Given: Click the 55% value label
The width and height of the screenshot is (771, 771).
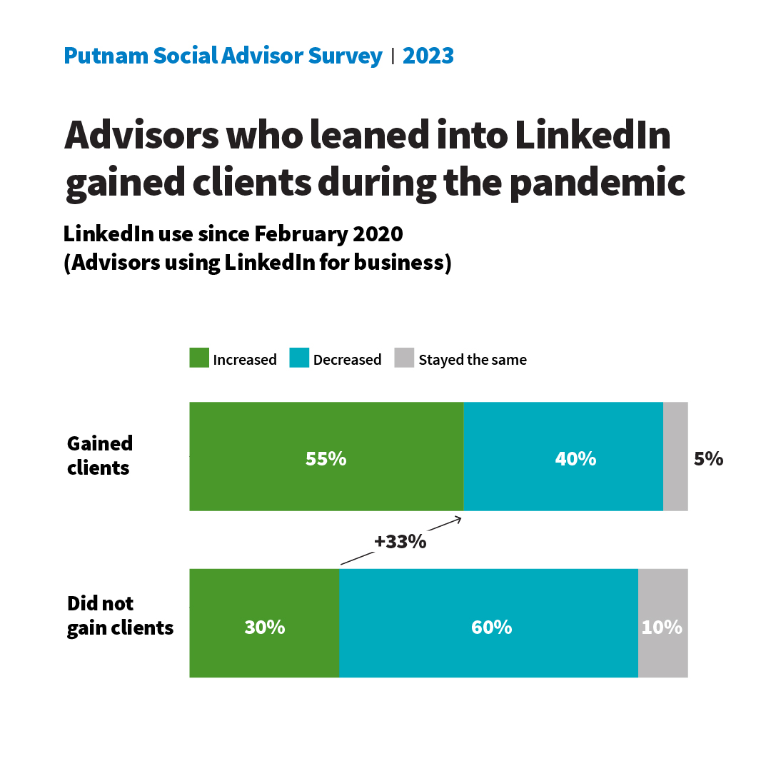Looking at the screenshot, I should pos(326,459).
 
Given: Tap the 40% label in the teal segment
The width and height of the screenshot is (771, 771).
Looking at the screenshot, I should pos(575,459).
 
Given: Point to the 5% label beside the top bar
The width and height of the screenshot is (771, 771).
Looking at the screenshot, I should pos(708,459).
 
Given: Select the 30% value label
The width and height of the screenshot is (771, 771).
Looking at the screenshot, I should pos(265,628).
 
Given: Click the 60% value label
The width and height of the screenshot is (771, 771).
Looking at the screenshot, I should pos(491,628).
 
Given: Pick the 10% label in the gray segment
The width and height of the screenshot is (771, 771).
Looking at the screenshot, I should pos(662,628).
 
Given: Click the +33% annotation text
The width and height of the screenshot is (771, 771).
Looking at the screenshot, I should pos(400,542).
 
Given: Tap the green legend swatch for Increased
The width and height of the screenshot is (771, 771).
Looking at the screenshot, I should pos(199,358).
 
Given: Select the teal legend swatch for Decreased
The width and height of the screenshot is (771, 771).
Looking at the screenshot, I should pos(299,358).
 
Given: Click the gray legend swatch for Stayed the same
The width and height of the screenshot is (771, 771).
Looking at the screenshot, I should pos(404,358).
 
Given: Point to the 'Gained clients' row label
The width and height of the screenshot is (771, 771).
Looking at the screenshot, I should pos(100,455).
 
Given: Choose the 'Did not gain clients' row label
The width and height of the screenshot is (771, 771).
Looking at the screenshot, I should pos(120,615).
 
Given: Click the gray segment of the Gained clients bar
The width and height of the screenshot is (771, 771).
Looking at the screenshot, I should pos(675,457).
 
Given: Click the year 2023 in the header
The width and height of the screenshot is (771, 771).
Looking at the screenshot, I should pos(428,56).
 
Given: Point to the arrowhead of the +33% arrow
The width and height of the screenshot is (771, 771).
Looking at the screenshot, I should pos(460,518).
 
